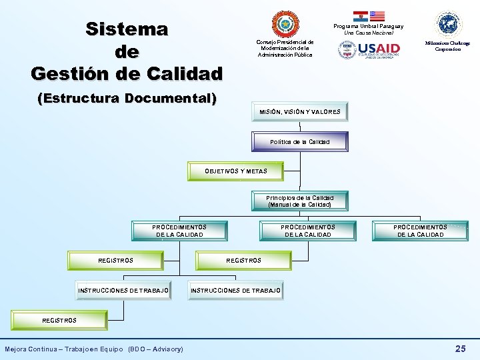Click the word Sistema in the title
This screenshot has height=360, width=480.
pyautogui.click(x=127, y=29)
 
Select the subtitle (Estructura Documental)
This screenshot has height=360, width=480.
pyautogui.click(x=127, y=99)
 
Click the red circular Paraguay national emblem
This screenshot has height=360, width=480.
pyautogui.click(x=285, y=24)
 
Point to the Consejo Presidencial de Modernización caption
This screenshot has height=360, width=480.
pyautogui.click(x=285, y=48)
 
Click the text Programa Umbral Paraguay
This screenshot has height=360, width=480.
pyautogui.click(x=369, y=26)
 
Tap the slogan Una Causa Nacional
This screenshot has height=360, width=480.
pyautogui.click(x=369, y=33)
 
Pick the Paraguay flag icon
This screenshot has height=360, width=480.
pyautogui.click(x=360, y=15)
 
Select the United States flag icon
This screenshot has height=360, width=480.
pyautogui.click(x=377, y=15)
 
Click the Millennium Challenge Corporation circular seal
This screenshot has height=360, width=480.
pyautogui.click(x=448, y=25)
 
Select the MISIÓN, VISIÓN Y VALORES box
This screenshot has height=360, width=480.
pyautogui.click(x=300, y=112)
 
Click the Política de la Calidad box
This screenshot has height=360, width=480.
pyautogui.click(x=300, y=142)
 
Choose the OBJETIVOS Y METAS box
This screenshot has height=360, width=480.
pyautogui.click(x=235, y=171)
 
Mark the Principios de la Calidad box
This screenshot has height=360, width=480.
pyautogui.click(x=299, y=201)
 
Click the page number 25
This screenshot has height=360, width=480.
pyautogui.click(x=460, y=349)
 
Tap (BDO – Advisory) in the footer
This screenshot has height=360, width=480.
pyautogui.click(x=155, y=349)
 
